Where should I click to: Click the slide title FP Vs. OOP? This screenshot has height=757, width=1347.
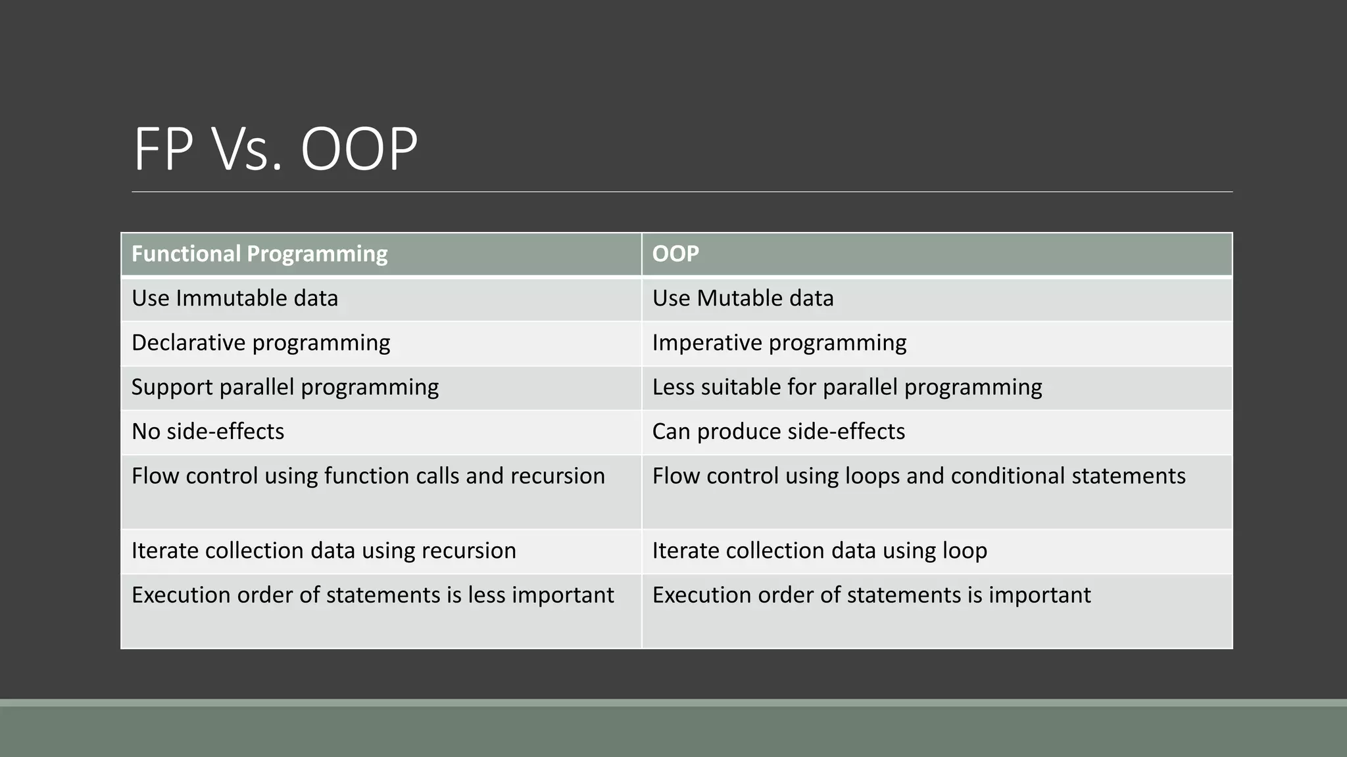tap(275, 149)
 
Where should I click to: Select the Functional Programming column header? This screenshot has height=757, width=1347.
tap(259, 254)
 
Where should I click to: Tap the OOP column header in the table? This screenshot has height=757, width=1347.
tap(675, 254)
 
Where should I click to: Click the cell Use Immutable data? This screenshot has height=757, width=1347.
tap(235, 298)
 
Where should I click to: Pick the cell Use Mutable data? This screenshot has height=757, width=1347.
tap(743, 298)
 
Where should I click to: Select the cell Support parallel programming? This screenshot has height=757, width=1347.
tap(285, 387)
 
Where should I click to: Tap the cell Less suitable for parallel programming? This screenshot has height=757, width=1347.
tap(846, 387)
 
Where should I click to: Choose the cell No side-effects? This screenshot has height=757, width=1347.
tap(208, 432)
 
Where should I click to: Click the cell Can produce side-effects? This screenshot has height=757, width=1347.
tap(778, 432)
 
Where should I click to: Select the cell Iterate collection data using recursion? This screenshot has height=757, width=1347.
tap(324, 551)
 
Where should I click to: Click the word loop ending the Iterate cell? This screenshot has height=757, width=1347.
tap(964, 551)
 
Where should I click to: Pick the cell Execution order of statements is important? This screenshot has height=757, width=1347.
tap(871, 595)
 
